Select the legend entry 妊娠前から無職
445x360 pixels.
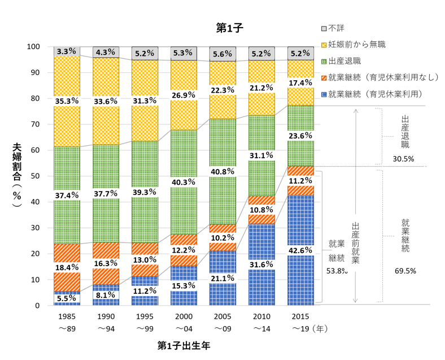(357, 44)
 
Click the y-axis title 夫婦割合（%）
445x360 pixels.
(17, 175)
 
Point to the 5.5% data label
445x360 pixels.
(67, 298)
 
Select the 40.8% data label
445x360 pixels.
(221, 171)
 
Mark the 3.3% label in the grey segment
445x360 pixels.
(67, 51)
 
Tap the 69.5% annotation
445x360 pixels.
(405, 271)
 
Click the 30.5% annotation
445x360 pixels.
(403, 159)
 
